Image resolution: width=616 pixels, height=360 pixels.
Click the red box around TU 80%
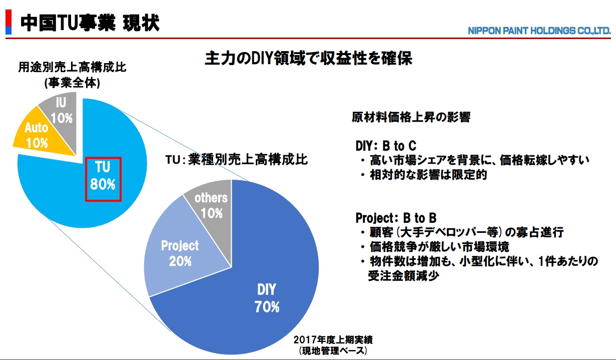point(103,179)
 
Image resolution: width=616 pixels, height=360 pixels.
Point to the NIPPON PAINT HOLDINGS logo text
point(539,31)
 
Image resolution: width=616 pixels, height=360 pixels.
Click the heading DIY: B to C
point(385,146)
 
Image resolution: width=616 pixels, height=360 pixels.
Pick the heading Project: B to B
point(396,218)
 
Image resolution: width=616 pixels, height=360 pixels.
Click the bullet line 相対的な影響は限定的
point(428,175)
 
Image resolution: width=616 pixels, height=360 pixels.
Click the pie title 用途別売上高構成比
point(72,67)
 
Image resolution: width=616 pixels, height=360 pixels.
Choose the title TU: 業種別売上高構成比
point(237,160)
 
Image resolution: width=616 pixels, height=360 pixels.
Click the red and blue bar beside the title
point(8,22)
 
